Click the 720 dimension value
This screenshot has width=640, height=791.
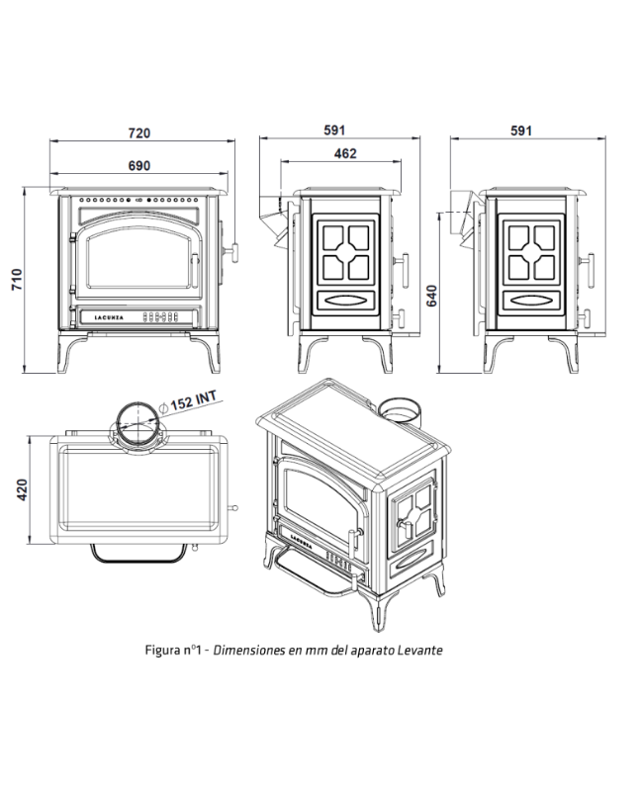pos(139,132)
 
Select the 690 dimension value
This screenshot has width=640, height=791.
pos(139,165)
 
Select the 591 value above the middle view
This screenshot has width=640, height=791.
pos(336,130)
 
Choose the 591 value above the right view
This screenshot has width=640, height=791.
pos(521,130)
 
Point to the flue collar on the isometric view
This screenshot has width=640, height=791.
pos(405,407)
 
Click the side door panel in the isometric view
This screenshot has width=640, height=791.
pos(412,528)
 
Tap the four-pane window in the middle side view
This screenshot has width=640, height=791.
pos(346,251)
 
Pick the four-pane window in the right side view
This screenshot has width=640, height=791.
pos(530,251)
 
